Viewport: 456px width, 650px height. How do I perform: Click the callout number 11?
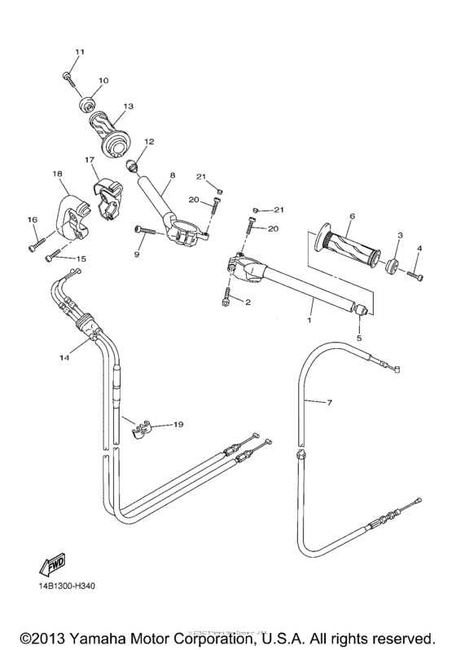[80, 53]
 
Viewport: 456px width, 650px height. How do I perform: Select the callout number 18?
[57, 174]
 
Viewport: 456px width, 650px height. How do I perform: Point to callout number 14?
[64, 357]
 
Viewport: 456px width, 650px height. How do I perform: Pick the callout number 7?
[330, 403]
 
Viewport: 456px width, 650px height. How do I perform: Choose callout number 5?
[359, 335]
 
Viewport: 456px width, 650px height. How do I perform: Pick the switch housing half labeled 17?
[105, 194]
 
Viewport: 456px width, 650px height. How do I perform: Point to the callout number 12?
[149, 142]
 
